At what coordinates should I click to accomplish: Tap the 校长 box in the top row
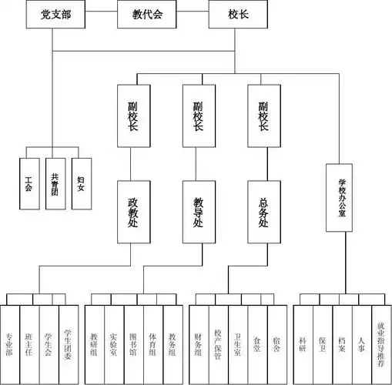tap(234, 15)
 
